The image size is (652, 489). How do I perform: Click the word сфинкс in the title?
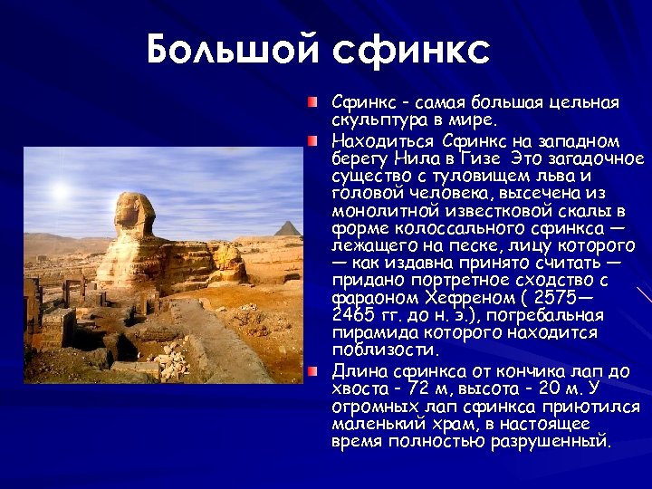point(411,52)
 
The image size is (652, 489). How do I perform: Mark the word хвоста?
point(358,388)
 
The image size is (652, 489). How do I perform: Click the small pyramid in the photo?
point(289,228)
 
